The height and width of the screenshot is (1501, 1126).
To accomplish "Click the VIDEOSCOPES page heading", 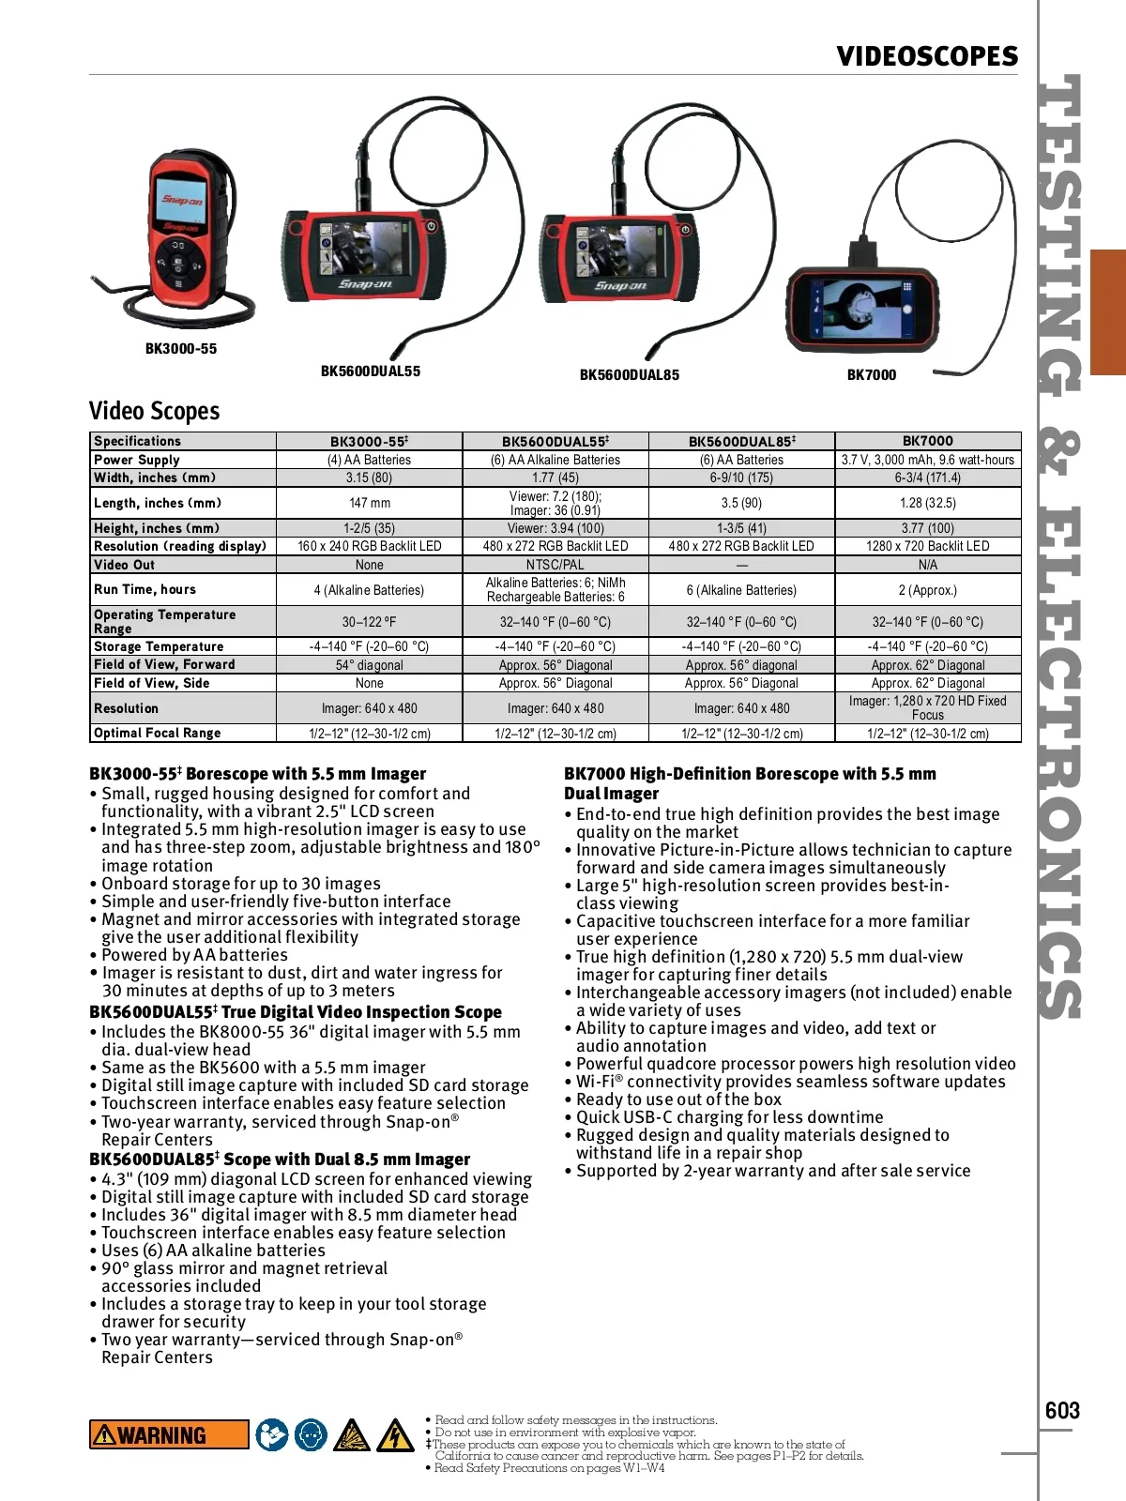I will click(927, 56).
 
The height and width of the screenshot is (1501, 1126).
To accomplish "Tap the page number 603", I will click(1062, 1410).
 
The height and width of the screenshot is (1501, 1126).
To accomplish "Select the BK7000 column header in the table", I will click(927, 441).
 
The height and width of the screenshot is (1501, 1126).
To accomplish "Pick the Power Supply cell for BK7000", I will click(927, 460).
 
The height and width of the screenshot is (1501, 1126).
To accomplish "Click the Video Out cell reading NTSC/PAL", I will click(555, 565).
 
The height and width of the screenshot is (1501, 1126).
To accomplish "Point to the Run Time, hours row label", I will click(145, 589).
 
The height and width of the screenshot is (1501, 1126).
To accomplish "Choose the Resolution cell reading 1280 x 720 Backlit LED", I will click(927, 546).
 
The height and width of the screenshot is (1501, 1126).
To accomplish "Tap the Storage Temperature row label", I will click(159, 646).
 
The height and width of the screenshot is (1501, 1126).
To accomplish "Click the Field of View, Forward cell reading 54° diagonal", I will click(370, 665).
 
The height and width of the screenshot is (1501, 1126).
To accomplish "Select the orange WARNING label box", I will click(169, 1434).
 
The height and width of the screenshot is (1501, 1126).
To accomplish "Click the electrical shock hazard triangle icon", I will click(395, 1434).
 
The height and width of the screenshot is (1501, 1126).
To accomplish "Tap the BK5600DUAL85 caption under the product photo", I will click(629, 374).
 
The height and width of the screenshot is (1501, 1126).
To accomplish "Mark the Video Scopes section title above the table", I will click(154, 411).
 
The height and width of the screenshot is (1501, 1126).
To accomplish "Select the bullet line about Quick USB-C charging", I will click(729, 1116).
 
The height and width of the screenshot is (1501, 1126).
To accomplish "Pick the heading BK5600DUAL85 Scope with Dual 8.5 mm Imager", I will click(280, 1159).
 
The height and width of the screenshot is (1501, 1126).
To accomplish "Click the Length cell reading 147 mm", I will click(370, 503).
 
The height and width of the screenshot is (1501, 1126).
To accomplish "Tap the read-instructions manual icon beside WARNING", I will click(272, 1434).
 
